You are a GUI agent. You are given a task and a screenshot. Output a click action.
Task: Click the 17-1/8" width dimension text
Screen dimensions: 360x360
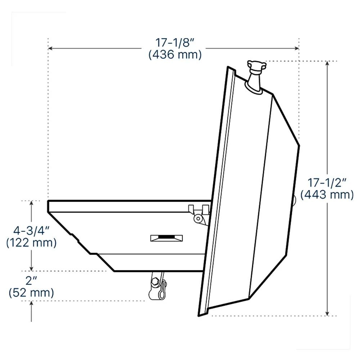[175, 43]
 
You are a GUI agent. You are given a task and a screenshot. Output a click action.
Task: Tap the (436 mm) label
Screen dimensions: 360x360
[175, 55]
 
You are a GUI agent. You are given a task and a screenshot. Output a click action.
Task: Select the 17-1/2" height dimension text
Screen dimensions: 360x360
[327, 183]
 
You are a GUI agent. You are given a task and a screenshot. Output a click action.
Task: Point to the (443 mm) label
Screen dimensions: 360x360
[327, 195]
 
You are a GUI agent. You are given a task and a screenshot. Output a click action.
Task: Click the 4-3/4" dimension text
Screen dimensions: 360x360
[31, 230]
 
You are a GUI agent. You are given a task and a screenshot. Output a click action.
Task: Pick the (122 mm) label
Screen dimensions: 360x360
[31, 242]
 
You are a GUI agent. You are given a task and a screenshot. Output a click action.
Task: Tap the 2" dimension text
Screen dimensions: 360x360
[31, 280]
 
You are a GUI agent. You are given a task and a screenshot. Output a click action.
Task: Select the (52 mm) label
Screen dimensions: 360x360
[31, 292]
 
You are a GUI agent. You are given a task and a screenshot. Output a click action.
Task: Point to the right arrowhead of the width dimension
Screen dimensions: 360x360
[296, 48]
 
